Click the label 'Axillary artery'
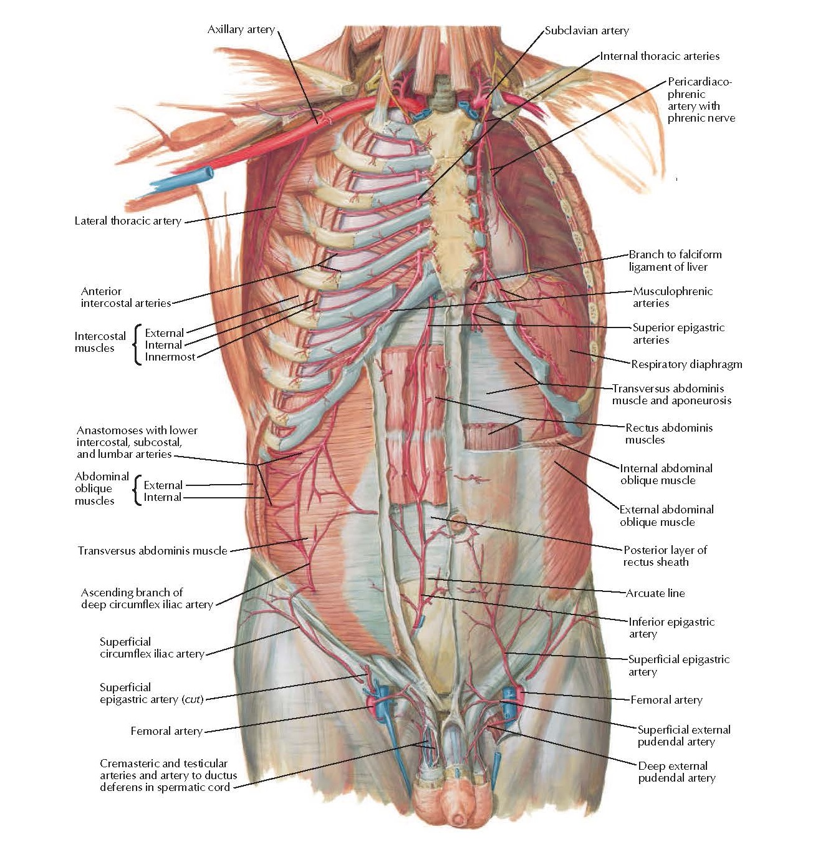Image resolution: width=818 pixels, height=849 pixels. click(x=241, y=29)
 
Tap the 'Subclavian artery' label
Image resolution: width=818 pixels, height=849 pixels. click(x=586, y=31)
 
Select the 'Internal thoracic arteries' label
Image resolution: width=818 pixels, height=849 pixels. click(x=660, y=56)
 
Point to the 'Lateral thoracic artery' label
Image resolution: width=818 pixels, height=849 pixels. click(x=128, y=221)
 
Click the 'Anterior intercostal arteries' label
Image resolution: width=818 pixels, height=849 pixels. click(x=125, y=297)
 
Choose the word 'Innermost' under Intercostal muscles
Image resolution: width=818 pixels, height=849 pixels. click(x=170, y=357)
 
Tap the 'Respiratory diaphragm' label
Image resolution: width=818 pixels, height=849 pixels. click(x=686, y=364)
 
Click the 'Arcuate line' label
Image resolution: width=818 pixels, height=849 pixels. click(x=655, y=593)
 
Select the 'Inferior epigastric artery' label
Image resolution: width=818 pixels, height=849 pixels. click(x=671, y=628)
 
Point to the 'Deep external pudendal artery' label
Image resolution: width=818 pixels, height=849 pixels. click(x=676, y=772)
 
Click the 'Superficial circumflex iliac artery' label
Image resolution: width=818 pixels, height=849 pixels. click(x=152, y=648)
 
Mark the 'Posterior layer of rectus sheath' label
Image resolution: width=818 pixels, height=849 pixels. click(x=665, y=556)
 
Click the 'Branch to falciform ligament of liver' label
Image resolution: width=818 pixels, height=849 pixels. click(x=675, y=261)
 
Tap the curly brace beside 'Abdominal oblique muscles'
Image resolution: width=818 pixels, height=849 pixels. click(x=137, y=490)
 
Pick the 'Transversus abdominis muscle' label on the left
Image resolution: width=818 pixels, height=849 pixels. click(x=152, y=551)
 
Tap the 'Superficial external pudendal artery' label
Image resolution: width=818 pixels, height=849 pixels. click(x=683, y=735)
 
